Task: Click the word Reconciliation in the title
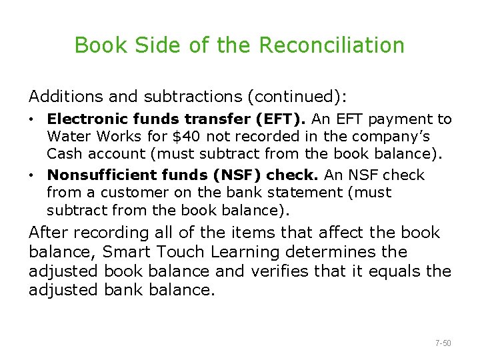(x=331, y=45)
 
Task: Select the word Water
(x=67, y=137)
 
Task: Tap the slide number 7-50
(x=443, y=343)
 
